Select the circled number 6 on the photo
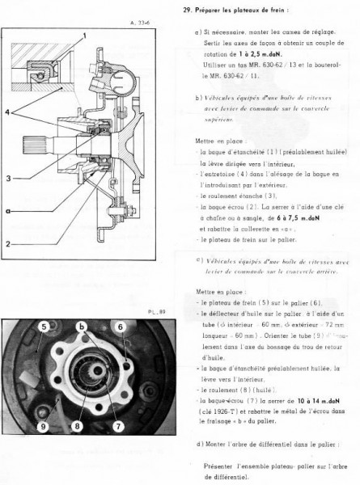click(118, 326)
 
